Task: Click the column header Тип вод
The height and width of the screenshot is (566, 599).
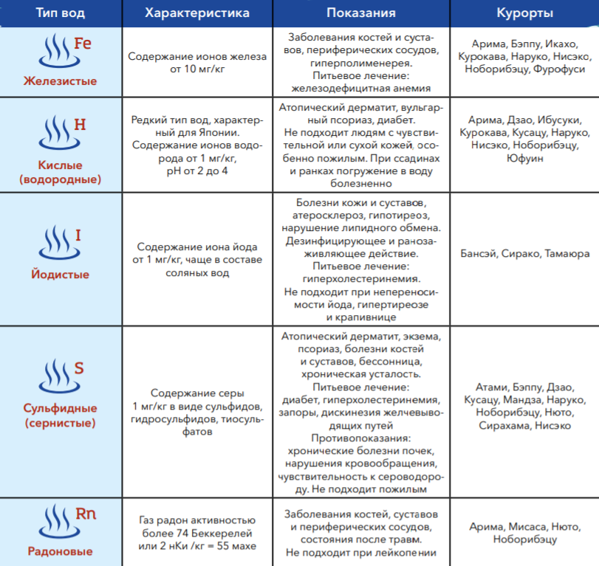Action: coord(59,13)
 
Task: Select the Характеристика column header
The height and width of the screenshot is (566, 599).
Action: coord(197,13)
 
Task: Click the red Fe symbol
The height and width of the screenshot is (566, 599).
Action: coord(83,44)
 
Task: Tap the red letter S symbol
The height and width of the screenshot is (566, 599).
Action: coord(79,368)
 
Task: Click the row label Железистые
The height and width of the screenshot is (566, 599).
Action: coord(59,80)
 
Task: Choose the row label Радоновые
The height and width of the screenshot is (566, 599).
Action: coord(59,551)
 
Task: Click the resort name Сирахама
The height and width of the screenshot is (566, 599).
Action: coord(504,426)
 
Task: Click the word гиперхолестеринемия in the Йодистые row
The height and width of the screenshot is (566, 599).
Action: coord(361,279)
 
